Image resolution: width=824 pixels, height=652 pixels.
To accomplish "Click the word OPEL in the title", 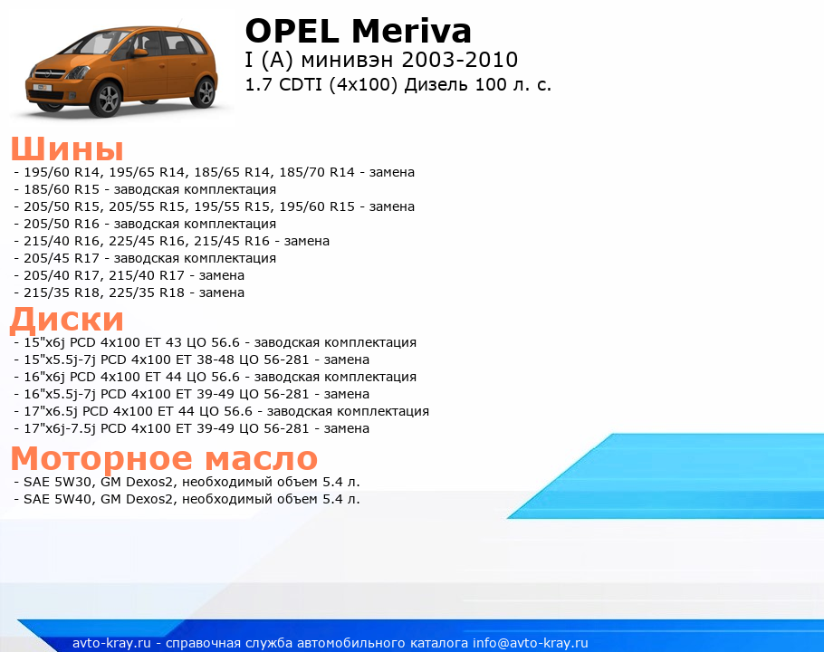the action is [x=292, y=31].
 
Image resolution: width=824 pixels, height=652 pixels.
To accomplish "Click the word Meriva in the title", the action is [x=411, y=31].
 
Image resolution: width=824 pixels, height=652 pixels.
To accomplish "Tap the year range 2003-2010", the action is [x=460, y=60].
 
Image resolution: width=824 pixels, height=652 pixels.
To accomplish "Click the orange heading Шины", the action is [x=67, y=149].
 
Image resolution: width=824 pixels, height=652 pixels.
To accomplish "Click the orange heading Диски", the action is [x=67, y=320].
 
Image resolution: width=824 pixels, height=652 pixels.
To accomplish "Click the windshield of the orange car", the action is [x=90, y=43].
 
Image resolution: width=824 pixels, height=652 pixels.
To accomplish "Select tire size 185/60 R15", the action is [x=62, y=189].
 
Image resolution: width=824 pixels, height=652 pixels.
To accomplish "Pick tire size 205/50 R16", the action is [x=62, y=224].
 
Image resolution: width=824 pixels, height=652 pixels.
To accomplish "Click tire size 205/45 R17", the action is [x=62, y=258].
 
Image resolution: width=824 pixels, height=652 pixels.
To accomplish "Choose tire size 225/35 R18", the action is [x=147, y=292].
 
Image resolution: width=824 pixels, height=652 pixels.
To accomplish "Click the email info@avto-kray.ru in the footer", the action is [x=531, y=643].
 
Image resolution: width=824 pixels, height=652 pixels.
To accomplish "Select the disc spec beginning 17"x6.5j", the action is [x=226, y=411].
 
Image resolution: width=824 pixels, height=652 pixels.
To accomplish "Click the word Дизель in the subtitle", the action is [x=436, y=84].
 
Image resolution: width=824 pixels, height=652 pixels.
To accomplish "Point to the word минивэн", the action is [x=348, y=60].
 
